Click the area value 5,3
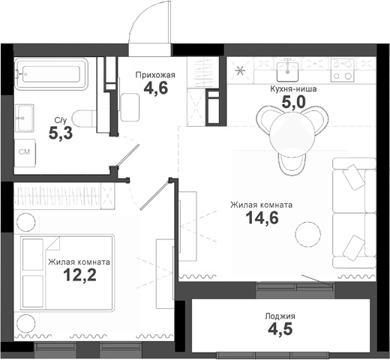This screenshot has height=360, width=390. pyautogui.click(x=61, y=134)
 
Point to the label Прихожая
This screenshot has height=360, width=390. pyautogui.click(x=154, y=75)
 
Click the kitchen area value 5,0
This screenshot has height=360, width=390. pyautogui.click(x=297, y=102)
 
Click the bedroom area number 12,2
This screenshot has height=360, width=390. pyautogui.click(x=79, y=276)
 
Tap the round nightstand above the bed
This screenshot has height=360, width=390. pyautogui.click(x=25, y=222)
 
